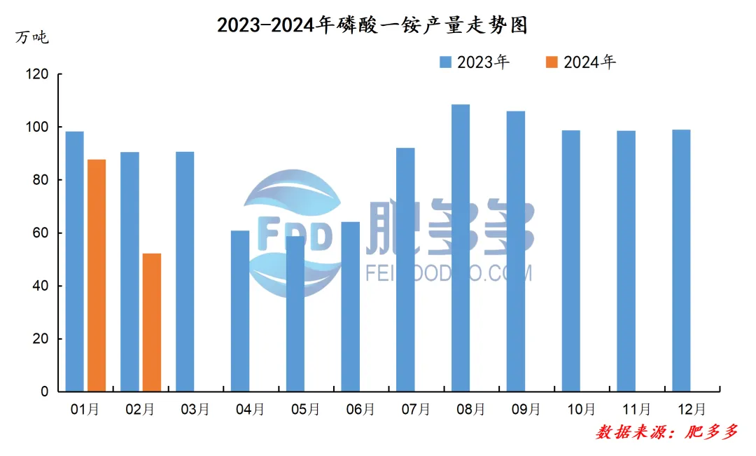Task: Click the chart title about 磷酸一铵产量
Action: pyautogui.click(x=372, y=26)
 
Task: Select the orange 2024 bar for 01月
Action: pyautogui.click(x=97, y=275)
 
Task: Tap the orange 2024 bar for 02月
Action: pyautogui.click(x=152, y=322)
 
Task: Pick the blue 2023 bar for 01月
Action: pyautogui.click(x=74, y=261)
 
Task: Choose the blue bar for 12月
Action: pyautogui.click(x=681, y=260)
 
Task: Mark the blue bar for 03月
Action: pyautogui.click(x=185, y=271)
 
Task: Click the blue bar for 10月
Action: pyautogui.click(x=571, y=261)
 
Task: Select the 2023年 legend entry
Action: pyautogui.click(x=475, y=62)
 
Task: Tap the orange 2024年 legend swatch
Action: pyautogui.click(x=552, y=62)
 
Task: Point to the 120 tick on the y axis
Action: pyautogui.click(x=38, y=74)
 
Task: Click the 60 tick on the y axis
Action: pyautogui.click(x=41, y=233)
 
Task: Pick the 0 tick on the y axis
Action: pyautogui.click(x=45, y=392)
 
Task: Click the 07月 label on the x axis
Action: pyautogui.click(x=416, y=409)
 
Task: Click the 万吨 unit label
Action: pyautogui.click(x=32, y=37)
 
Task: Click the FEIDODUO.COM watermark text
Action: pyautogui.click(x=449, y=273)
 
